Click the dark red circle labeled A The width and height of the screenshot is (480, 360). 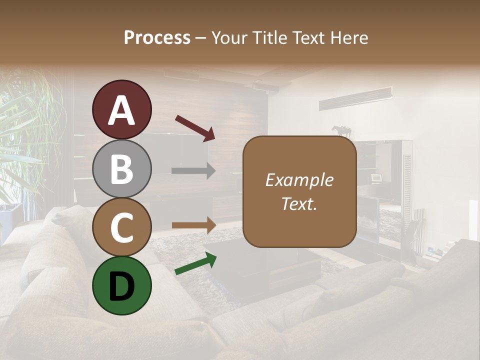121,110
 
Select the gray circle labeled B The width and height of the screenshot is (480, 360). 121,169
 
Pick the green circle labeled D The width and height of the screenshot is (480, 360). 121,285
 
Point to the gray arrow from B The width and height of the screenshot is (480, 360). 193,170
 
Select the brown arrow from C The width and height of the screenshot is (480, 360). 193,225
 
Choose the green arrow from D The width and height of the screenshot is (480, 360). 195,263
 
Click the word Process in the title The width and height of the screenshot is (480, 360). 157,37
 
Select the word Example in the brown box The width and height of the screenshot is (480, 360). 299,180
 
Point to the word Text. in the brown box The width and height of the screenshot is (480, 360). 299,204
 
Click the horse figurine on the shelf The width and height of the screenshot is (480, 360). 342,131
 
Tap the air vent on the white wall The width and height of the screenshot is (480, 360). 355,98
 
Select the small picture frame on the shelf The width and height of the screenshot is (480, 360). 375,178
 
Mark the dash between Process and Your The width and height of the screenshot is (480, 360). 200,38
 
